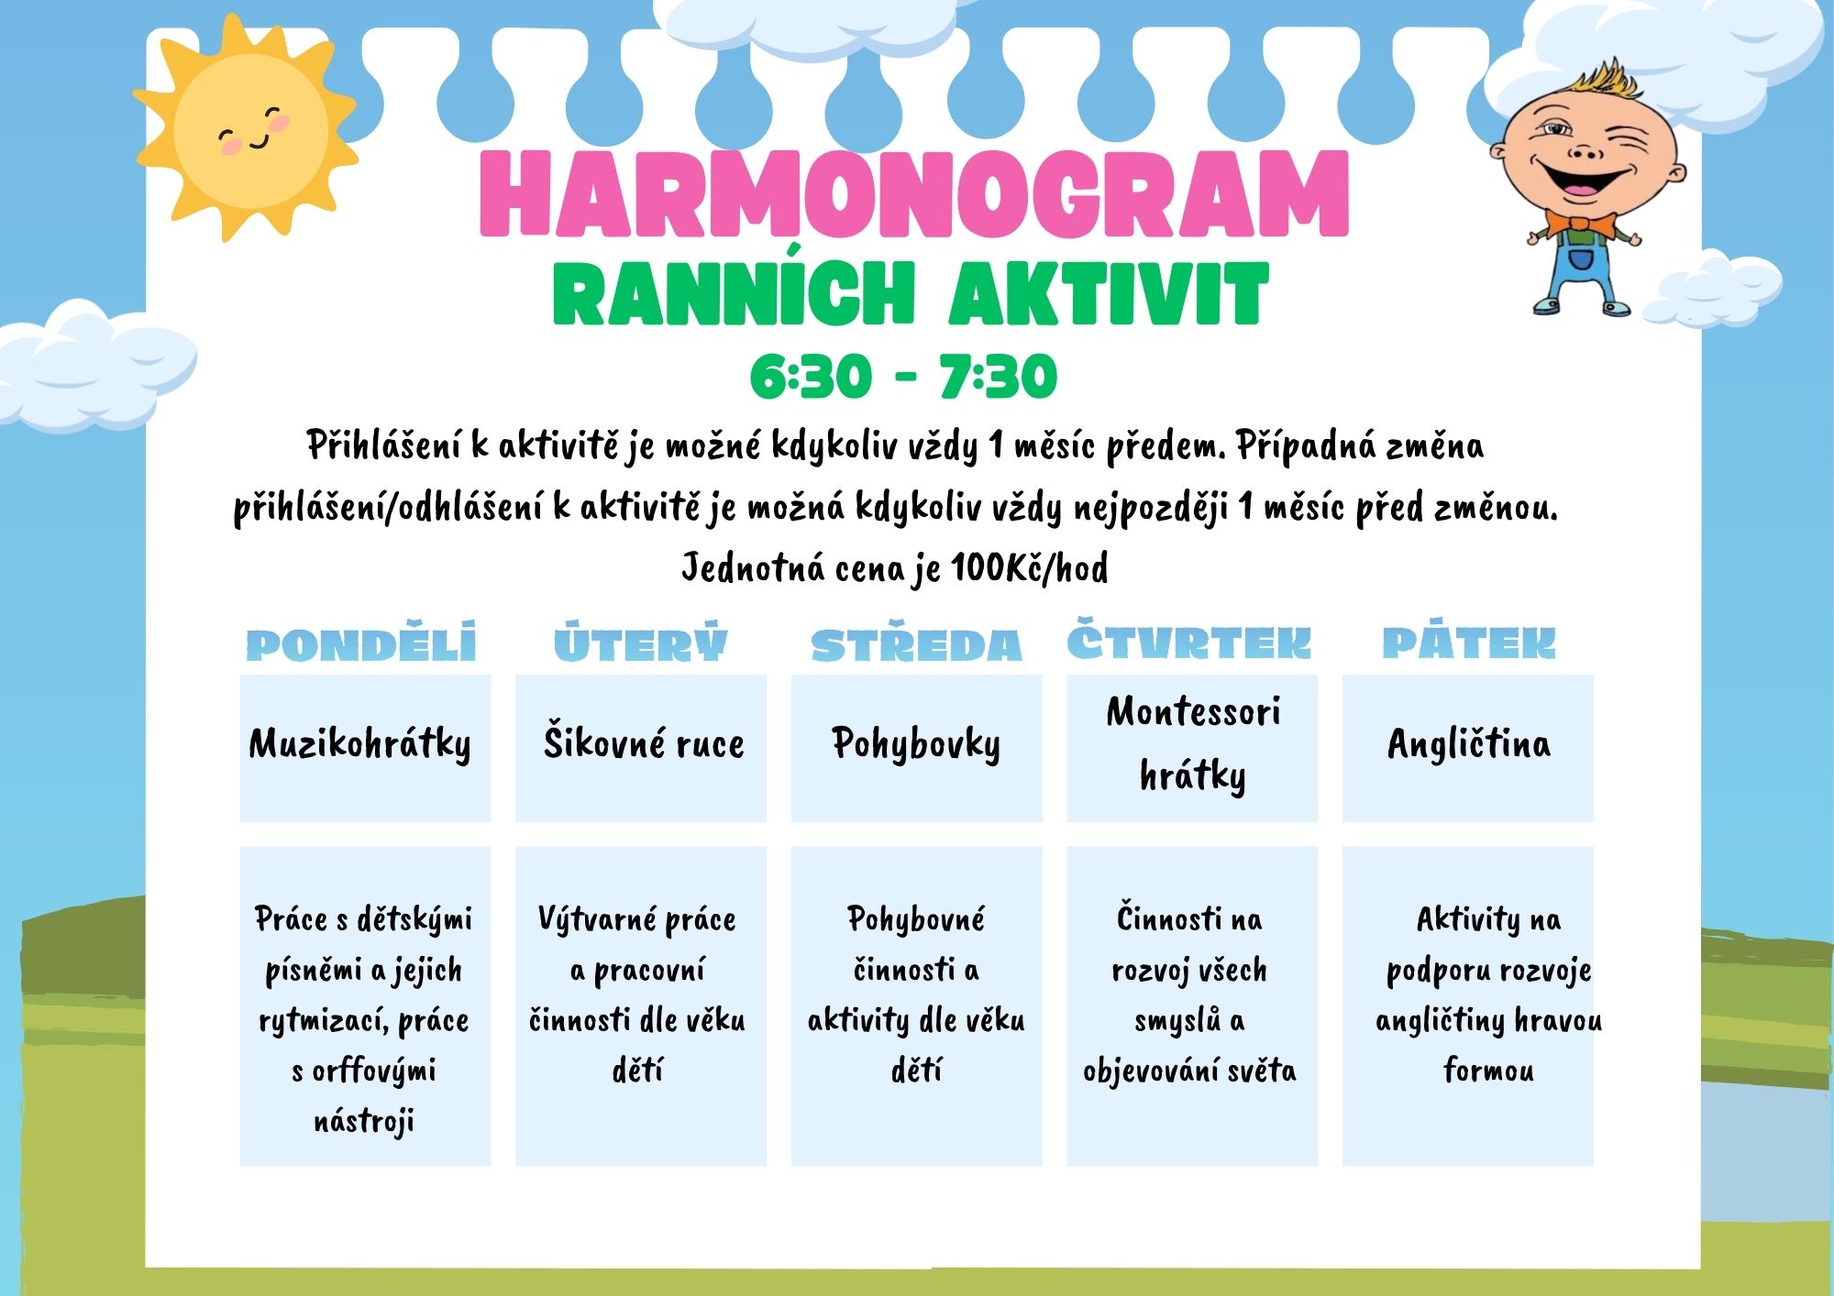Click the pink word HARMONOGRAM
[914, 194]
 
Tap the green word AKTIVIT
[1109, 294]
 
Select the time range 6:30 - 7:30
[903, 376]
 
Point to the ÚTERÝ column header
[640, 642]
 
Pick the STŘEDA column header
[916, 643]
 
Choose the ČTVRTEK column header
[1189, 640]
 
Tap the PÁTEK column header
[1469, 641]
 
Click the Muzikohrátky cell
[365, 748]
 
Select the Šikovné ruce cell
[641, 748]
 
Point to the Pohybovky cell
[917, 748]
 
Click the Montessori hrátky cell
[1192, 748]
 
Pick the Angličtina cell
[1468, 748]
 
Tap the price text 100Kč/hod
[1029, 568]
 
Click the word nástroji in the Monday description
[364, 1121]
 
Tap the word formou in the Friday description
[1488, 1070]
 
